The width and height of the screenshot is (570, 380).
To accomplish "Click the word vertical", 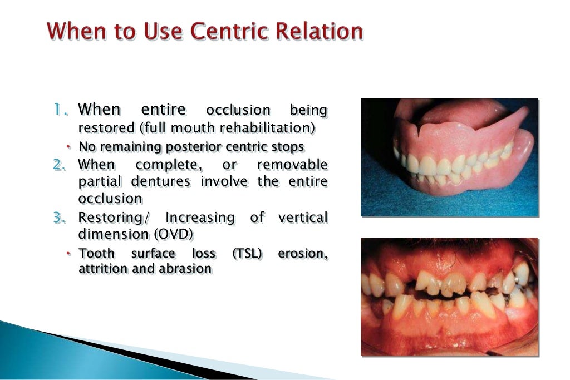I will coord(303,218).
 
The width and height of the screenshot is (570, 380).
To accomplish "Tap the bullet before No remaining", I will coord(68,147).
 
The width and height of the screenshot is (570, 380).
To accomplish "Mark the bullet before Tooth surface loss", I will coord(68,254).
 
